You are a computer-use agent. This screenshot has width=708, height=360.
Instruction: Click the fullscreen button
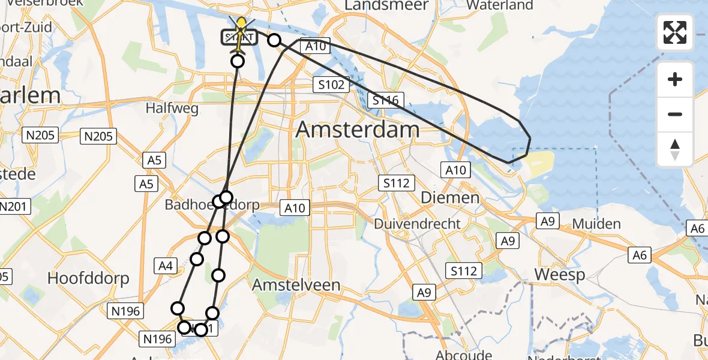pos(675,32)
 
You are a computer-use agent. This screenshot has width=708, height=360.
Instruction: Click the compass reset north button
pos(675,149)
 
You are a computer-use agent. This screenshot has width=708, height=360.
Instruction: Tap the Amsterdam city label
pos(358,130)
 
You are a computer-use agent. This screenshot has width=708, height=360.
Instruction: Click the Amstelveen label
pos(296,285)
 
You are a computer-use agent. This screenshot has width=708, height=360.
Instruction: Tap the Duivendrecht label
pos(418,224)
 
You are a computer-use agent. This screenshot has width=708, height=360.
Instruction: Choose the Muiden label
pos(596,224)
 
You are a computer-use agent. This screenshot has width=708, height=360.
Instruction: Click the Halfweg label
pos(167,108)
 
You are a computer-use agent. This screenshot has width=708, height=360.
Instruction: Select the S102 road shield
pos(331,85)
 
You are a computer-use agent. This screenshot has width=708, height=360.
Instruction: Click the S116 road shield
pos(386,100)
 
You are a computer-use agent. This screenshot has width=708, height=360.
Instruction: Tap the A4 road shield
pos(166,266)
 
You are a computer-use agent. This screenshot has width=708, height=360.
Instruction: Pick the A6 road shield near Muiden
pos(640,256)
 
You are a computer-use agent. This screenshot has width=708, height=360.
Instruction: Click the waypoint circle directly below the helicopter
pos(238,61)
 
